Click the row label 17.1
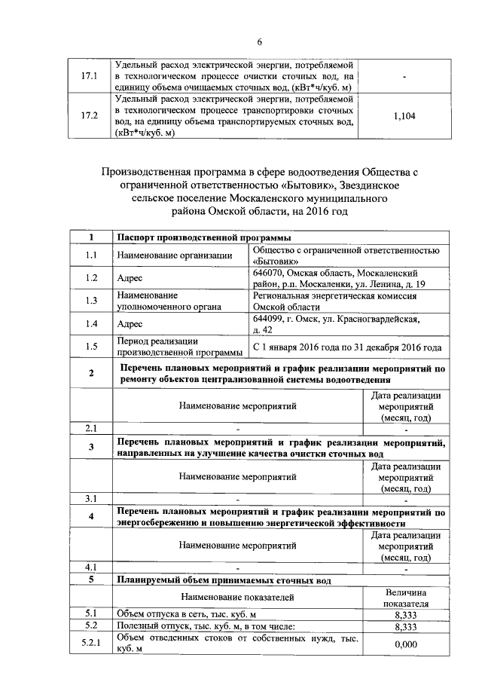[x=90, y=77]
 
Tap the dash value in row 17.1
[x=405, y=77]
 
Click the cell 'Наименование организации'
[x=174, y=255]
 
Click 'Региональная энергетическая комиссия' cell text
[x=336, y=296]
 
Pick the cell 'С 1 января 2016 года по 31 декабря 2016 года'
[x=347, y=347]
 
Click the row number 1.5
[x=92, y=347]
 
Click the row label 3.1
[x=91, y=498]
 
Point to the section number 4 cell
[x=91, y=517]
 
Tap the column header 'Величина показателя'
[x=406, y=598]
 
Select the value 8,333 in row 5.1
[x=406, y=615]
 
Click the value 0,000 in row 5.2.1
[x=406, y=644]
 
